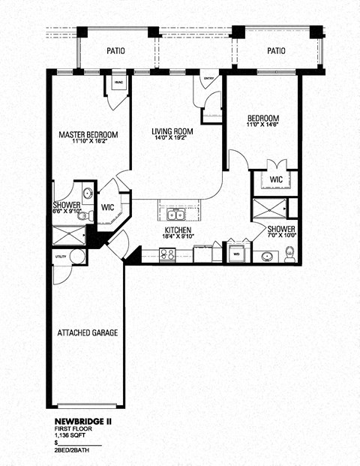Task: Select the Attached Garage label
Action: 87,332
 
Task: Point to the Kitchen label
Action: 178,230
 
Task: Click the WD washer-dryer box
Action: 237,253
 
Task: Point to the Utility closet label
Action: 60,257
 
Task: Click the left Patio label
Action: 115,51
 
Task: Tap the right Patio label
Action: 277,51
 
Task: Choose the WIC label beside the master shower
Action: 106,206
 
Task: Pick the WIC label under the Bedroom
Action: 275,179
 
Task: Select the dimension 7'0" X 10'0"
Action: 282,236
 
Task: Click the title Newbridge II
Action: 83,422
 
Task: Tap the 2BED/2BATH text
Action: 74,452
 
